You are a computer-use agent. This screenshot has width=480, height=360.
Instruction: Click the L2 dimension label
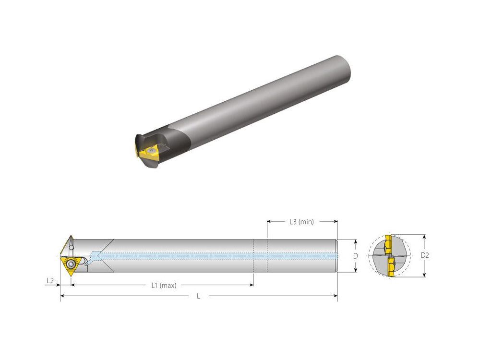[50, 280]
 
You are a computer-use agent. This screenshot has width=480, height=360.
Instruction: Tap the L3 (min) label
[301, 222]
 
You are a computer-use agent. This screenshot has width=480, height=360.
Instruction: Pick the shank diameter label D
[355, 256]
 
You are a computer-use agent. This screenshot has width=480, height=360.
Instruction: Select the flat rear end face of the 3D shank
[344, 67]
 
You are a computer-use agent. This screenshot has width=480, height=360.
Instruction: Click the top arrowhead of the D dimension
[355, 241]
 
